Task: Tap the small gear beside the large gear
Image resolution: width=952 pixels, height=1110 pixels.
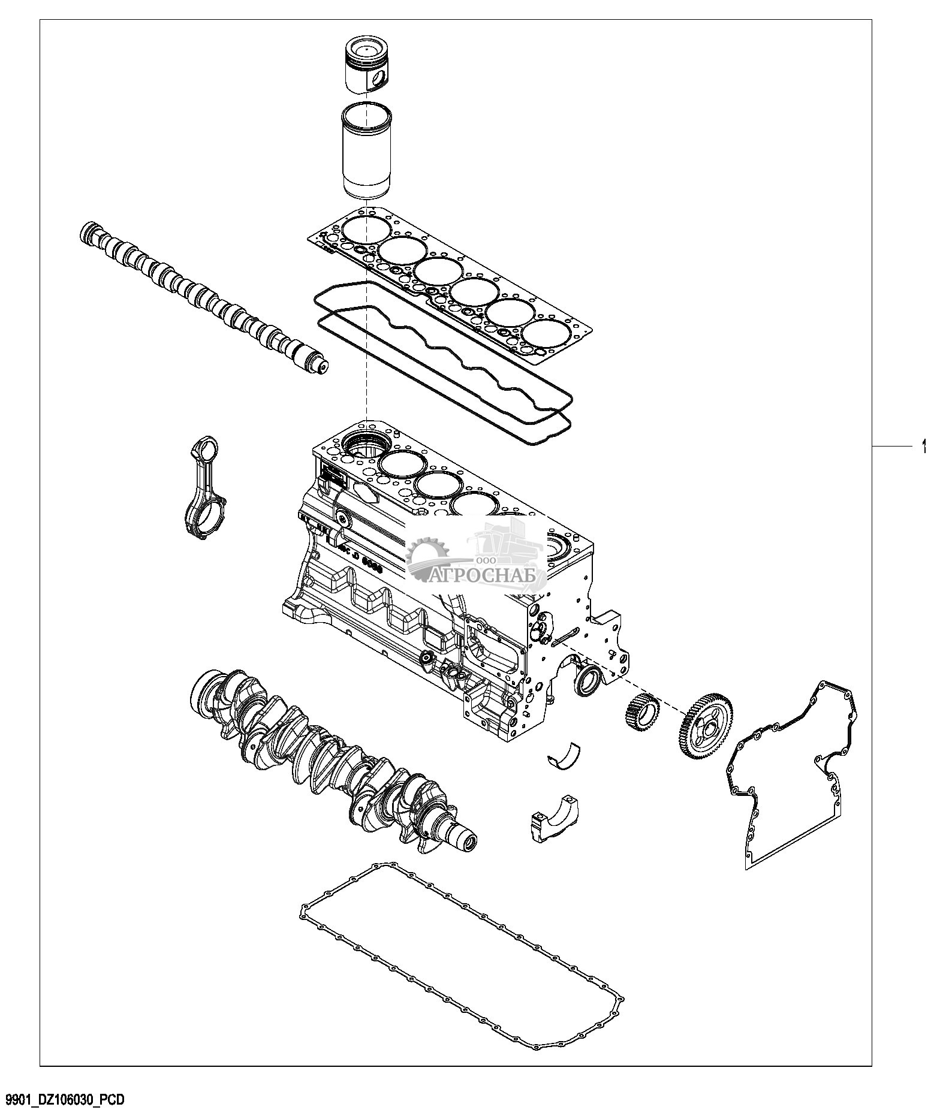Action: [641, 711]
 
